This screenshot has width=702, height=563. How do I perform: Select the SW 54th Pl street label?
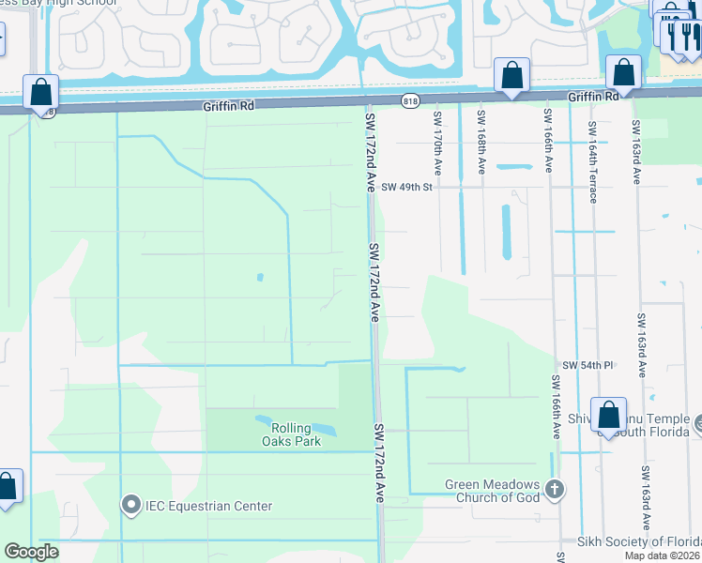coord(588,364)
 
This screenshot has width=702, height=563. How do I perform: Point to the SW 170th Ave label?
coord(437,144)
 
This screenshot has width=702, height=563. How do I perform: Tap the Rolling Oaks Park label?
coord(290,434)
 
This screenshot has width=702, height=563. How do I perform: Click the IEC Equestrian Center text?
coord(208,507)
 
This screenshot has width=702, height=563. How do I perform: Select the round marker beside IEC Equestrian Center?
coord(131,506)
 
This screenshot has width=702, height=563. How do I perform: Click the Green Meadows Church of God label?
coord(493,491)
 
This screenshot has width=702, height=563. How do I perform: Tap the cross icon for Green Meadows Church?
coord(555,489)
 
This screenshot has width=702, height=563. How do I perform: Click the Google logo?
coord(31,552)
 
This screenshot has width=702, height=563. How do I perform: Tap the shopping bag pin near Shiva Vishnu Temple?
coord(608,416)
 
